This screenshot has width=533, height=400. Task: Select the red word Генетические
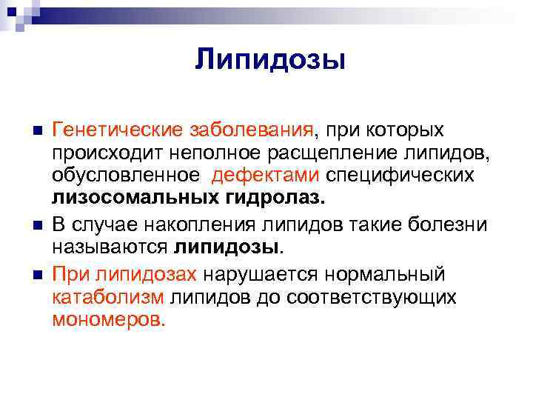[106, 130]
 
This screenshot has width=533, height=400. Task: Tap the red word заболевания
[240, 130]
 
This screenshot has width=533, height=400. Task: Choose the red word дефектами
[266, 177]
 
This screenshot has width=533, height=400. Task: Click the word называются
[111, 246]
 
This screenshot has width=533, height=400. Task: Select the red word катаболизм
[109, 297]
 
